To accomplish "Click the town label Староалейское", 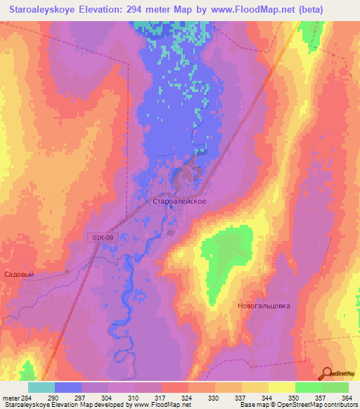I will click(179, 201).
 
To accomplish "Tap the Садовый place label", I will click(19, 275).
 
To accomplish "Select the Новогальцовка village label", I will click(263, 306).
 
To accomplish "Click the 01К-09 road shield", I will click(103, 238).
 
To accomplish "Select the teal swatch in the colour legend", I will click(41, 387).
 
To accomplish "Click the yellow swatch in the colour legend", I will click(281, 387).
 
